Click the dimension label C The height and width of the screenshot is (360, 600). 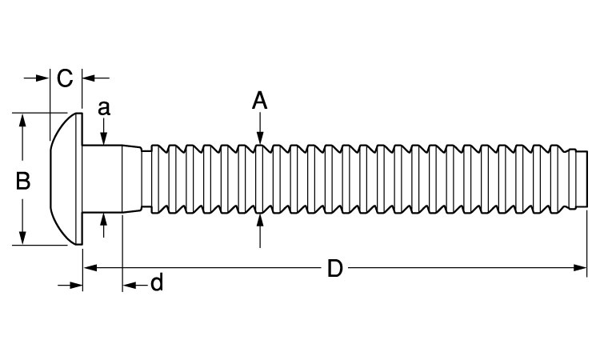(x=65, y=78)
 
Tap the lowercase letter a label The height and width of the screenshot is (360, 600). (x=104, y=108)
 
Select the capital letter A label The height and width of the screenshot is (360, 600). (x=260, y=101)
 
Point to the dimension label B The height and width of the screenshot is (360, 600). (x=23, y=181)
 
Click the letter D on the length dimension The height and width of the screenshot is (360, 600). (x=335, y=268)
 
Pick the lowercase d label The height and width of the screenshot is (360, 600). (x=157, y=282)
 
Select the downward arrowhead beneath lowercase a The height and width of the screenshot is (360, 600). (x=104, y=138)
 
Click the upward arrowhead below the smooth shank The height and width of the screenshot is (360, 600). (x=104, y=220)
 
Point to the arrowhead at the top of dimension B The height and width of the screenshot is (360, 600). (x=22, y=121)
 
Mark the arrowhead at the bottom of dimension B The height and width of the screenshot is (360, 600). (x=22, y=238)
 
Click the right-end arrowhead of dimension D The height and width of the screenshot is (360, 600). (x=580, y=268)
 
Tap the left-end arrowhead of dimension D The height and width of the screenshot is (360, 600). (x=90, y=268)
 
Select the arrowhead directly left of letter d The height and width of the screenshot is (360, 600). (x=130, y=285)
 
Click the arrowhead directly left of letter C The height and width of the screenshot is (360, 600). (x=42, y=78)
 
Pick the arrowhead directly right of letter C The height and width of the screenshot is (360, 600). (x=89, y=78)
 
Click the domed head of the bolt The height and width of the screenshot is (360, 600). (x=66, y=178)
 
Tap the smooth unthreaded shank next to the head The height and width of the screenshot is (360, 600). (x=102, y=178)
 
